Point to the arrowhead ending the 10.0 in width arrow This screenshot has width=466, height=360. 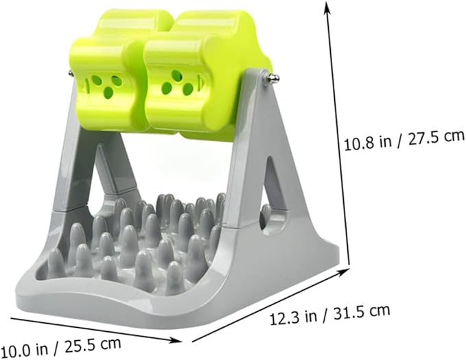(176, 340)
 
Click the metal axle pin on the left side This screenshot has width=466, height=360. (71, 73)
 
